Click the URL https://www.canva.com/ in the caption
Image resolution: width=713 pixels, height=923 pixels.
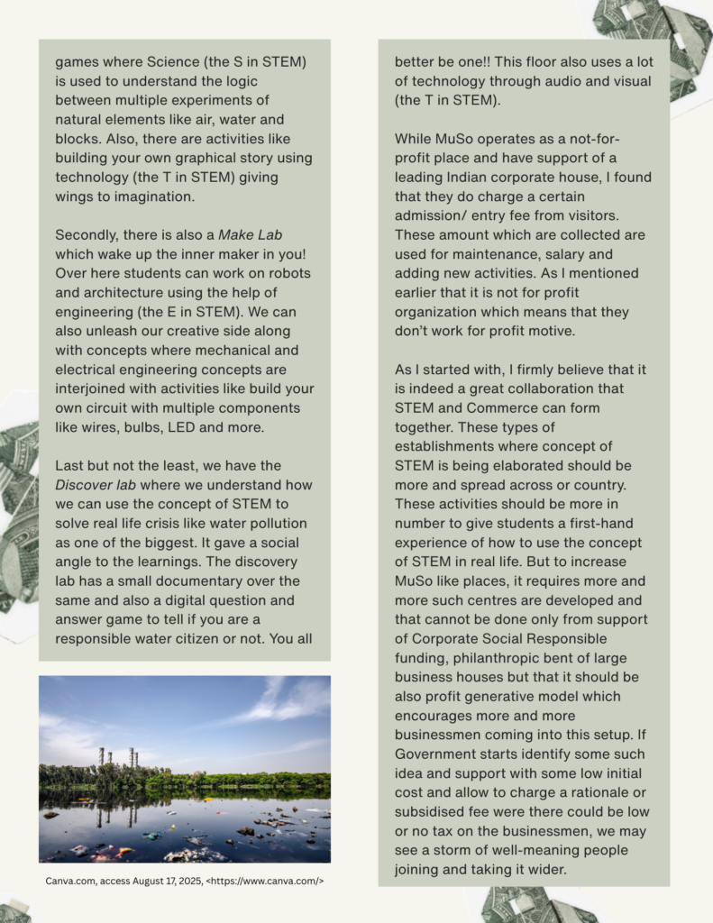(x=267, y=881)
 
